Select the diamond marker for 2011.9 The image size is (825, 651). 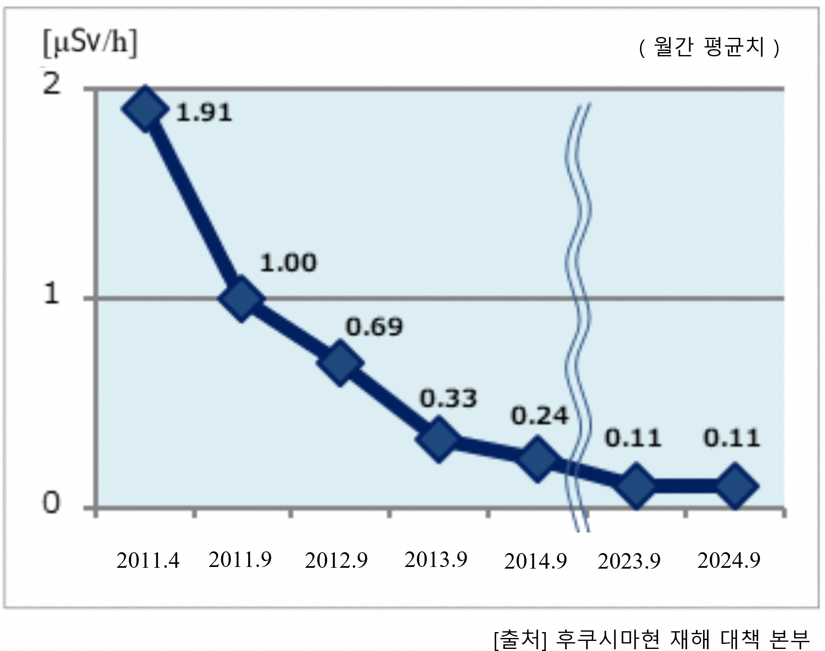pos(241,298)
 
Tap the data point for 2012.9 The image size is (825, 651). pos(340,363)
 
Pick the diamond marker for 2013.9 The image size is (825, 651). pos(438,439)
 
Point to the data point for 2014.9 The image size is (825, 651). pos(537,458)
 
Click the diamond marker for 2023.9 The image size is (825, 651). pos(637,486)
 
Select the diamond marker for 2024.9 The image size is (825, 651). pos(735,486)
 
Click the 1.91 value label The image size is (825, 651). pos(204,113)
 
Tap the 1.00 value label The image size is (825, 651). pos(288,263)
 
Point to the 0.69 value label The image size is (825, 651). pos(374,327)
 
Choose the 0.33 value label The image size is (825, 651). pos(448,398)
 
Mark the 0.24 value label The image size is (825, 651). pos(539,416)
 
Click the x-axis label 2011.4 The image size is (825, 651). pos(148,561)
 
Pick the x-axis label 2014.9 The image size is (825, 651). pos(535,561)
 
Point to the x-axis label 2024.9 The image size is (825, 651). pos(729,561)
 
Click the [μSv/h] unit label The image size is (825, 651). pos(90,44)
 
